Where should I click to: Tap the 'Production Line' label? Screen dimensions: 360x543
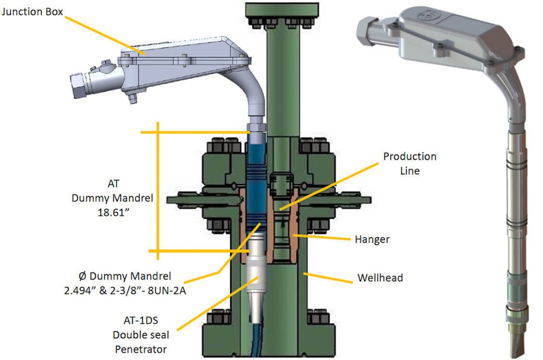[x=409, y=163]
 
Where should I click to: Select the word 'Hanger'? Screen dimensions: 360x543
[x=372, y=239]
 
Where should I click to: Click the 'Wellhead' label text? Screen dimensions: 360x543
[x=380, y=278]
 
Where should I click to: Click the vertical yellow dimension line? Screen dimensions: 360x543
[x=158, y=190]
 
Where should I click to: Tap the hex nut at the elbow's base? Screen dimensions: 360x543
[x=255, y=129]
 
